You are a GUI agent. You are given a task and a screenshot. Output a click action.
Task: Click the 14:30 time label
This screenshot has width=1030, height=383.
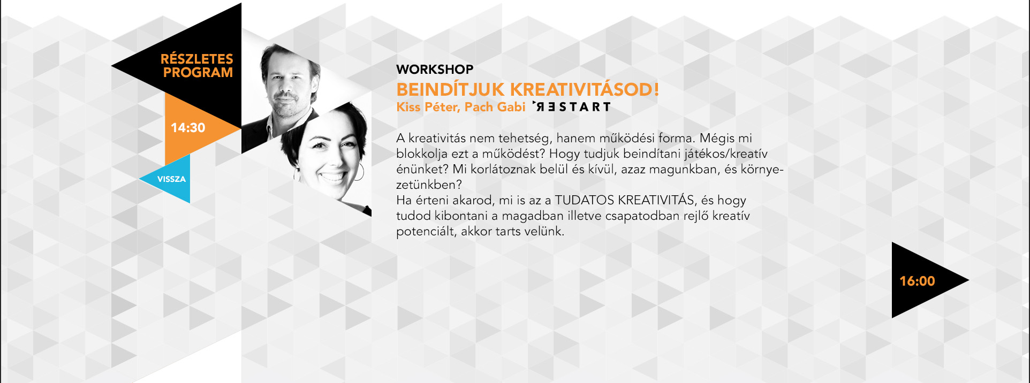188,128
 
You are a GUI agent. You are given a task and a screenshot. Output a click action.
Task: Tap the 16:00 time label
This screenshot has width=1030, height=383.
917,281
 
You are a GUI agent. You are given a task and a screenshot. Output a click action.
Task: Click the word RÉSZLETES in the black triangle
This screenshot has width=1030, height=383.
197,58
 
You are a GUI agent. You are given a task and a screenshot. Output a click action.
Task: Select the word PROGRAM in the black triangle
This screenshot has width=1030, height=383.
198,73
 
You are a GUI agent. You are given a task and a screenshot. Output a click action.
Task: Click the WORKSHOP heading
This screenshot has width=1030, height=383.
435,70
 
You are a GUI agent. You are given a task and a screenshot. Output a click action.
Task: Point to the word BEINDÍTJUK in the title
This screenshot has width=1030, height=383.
450,89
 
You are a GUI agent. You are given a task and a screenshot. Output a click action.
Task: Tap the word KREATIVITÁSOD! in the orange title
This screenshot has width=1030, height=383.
584,89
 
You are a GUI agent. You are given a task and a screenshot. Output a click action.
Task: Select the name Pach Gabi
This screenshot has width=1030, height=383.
495,107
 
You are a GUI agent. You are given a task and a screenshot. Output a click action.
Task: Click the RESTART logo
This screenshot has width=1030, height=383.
572,107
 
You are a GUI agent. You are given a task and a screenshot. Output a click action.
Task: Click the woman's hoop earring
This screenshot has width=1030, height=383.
359,172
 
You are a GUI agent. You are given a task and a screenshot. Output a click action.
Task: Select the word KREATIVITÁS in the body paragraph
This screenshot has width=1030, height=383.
656,200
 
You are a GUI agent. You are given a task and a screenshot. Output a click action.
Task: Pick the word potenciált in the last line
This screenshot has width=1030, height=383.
426,232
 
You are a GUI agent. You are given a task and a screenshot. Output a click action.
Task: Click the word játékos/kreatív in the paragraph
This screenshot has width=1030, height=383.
726,154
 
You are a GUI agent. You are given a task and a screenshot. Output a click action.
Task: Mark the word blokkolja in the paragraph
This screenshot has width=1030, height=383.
422,154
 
